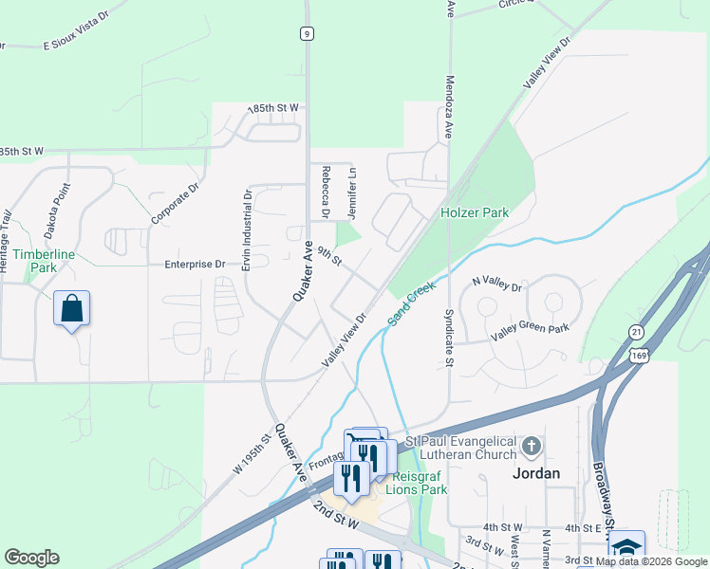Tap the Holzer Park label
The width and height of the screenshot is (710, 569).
pos(475,212)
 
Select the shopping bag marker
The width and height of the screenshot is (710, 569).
pos(72,308)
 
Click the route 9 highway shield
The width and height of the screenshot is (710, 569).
pos(306,33)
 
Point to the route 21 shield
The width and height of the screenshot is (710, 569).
pos(636,330)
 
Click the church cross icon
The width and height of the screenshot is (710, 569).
pos(532,444)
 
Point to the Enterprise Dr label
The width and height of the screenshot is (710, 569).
pos(195,265)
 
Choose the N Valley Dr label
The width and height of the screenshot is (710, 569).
pos(496,284)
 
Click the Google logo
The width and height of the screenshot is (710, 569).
pos(31,558)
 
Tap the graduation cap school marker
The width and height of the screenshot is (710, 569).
pos(626,547)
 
